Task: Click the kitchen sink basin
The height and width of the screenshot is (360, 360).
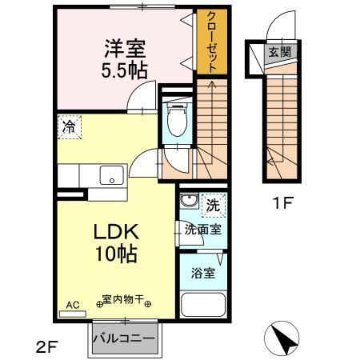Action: (110, 174)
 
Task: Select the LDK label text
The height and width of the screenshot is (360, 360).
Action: (118, 232)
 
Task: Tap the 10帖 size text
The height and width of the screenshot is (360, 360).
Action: (118, 255)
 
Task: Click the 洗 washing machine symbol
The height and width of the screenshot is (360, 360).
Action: (214, 204)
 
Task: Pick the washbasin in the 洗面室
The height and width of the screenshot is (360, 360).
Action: (189, 201)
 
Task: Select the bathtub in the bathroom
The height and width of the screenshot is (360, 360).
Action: (202, 305)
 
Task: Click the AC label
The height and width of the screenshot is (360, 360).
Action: (72, 305)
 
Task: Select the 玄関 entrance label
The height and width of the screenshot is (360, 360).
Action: (279, 53)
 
